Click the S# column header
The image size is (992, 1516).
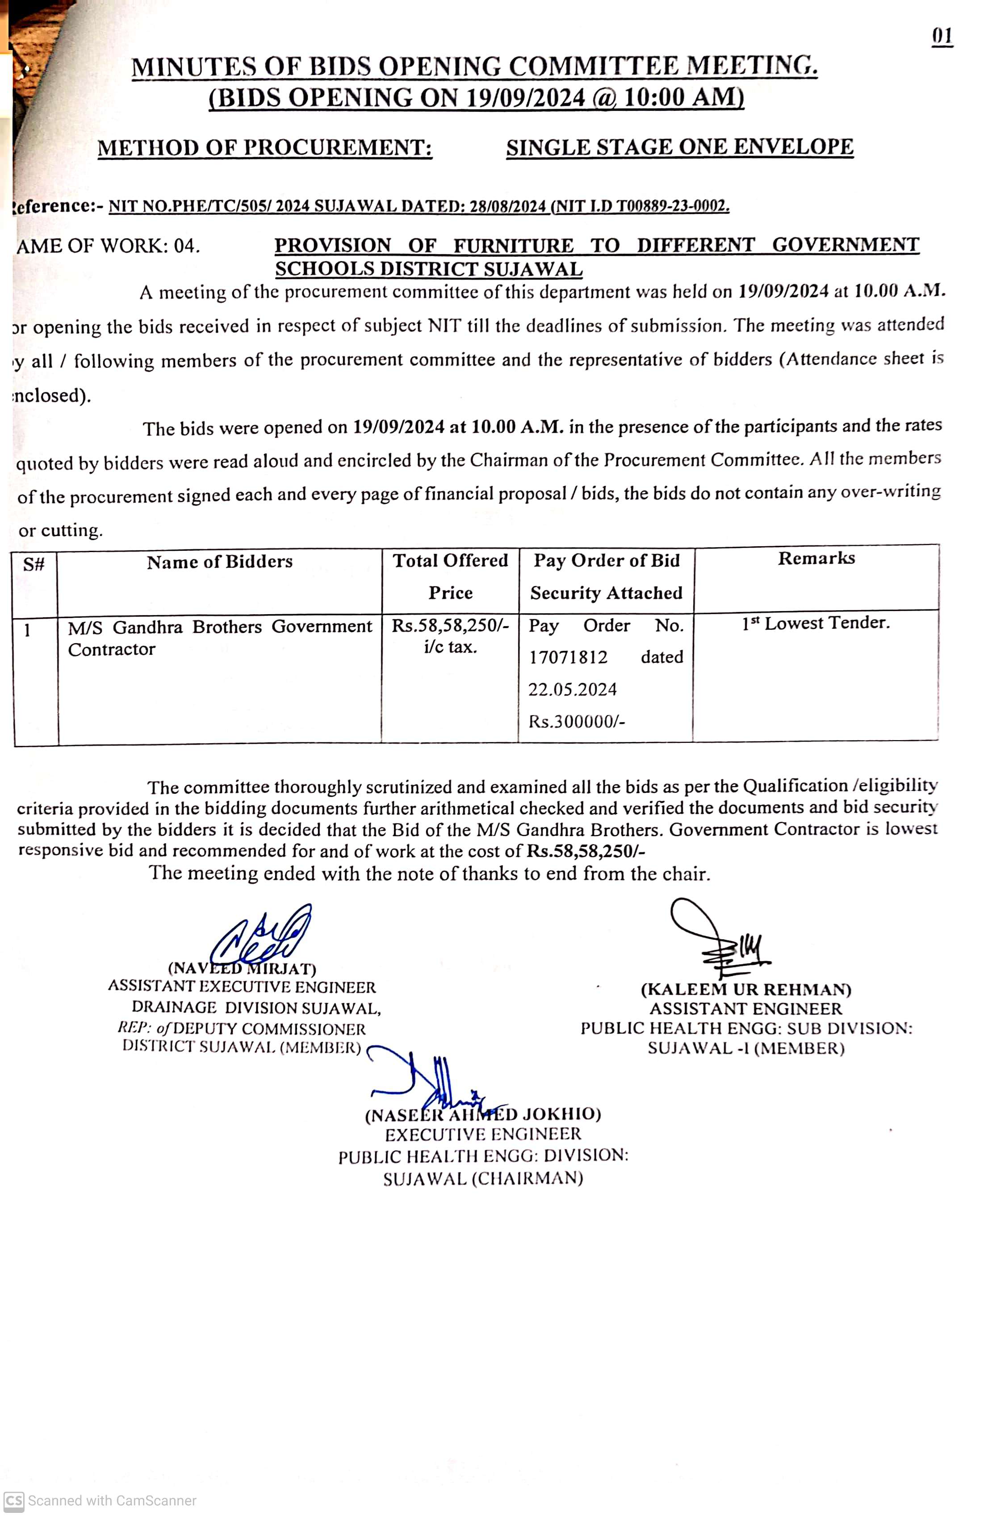pos(34,564)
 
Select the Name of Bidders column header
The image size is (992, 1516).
pos(219,562)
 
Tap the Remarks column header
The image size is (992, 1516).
pos(816,559)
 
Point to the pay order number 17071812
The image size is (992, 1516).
pos(568,657)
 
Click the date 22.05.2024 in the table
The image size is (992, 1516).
pos(572,690)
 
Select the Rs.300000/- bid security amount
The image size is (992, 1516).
pos(577,722)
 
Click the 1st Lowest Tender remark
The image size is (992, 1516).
pos(816,624)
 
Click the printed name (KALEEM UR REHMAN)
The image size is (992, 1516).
pos(745,990)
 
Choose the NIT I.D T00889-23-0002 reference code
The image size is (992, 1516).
pos(641,206)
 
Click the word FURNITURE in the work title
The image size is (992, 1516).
pos(513,246)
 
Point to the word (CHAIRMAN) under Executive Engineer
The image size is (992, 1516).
pos(527,1178)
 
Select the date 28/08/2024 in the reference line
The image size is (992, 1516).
pos(507,206)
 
